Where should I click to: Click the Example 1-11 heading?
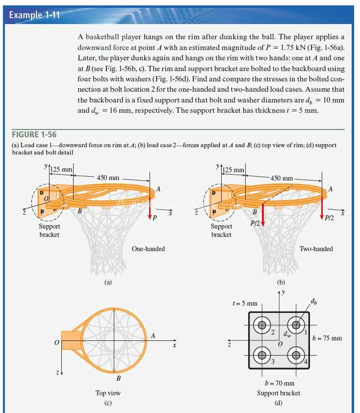(34, 15)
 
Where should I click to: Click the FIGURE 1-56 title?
(34, 134)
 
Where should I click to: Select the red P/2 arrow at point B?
(262, 215)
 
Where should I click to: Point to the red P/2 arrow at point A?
(322, 207)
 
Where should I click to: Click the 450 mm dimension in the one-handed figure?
(108, 178)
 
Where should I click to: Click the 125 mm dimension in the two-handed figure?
(233, 170)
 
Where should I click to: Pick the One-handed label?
(148, 249)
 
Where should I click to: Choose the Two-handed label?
(316, 249)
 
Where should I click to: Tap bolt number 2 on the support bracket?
(262, 325)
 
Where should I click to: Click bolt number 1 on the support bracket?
(296, 325)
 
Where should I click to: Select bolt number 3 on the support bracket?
(262, 355)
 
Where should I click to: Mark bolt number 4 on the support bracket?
(296, 355)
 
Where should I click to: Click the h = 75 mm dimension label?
(327, 338)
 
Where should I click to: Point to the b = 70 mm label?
(280, 383)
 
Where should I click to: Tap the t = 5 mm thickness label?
(245, 304)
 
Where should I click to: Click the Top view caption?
(108, 393)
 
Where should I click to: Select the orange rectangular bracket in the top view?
(72, 340)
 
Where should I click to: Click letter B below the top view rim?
(119, 379)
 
